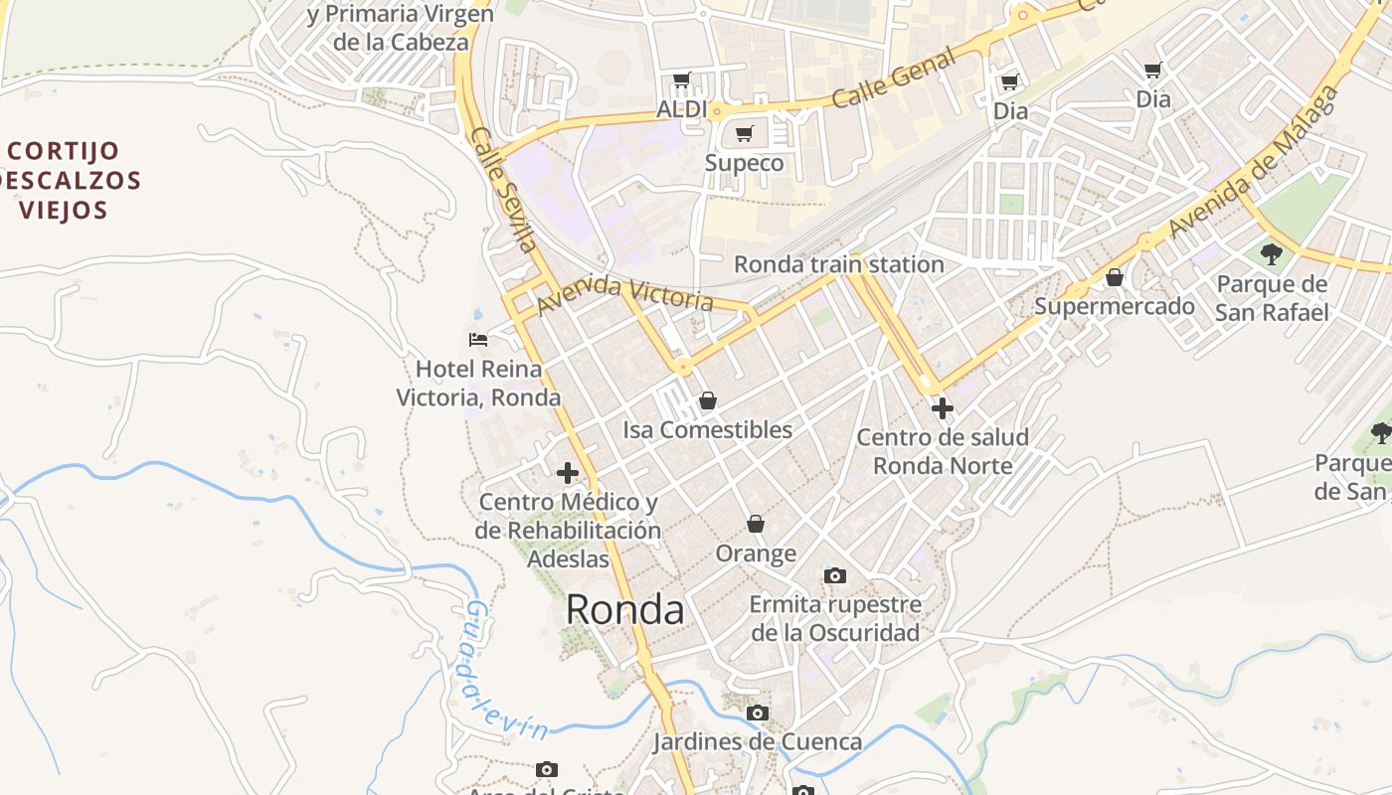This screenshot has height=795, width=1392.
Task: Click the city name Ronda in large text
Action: point(624,610)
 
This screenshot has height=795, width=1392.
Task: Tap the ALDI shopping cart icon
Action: point(682,80)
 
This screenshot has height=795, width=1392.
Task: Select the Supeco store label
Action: point(744,163)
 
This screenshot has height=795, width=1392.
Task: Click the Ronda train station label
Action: point(838,264)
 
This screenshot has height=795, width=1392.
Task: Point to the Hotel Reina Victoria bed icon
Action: point(478,340)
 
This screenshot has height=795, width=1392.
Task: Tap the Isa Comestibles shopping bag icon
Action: point(707,400)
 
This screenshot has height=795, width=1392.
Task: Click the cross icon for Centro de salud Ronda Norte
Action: point(942,408)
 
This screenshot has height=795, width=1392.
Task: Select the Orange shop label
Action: point(756,554)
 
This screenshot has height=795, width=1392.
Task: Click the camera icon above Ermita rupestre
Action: point(835,575)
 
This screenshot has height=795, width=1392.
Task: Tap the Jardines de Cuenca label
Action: point(757,741)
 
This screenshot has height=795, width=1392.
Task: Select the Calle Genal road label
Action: point(894,79)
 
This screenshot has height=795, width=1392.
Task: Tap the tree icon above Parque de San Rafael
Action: point(1271,254)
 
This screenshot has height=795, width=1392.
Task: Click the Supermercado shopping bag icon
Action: point(1115,277)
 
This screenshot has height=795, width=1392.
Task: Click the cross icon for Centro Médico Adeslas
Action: point(568,473)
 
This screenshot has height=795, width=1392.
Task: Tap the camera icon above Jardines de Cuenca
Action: point(758,713)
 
